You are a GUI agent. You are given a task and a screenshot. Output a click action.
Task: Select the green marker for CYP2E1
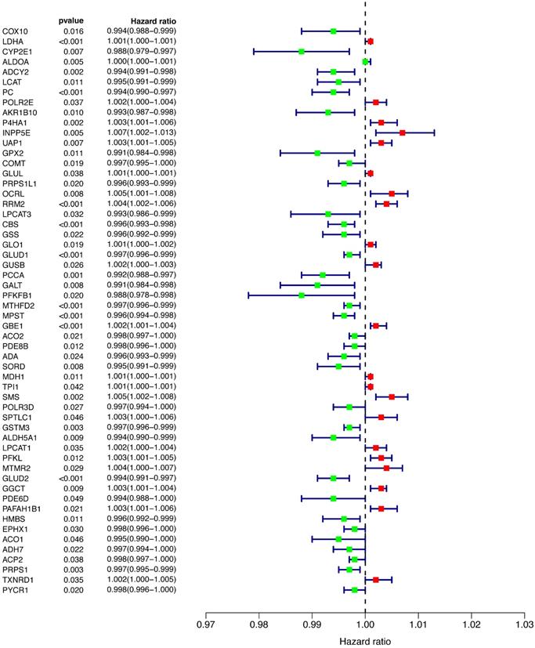302,51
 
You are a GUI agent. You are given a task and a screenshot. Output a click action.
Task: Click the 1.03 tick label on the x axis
524,627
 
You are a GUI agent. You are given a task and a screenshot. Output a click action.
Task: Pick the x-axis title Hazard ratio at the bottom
365,641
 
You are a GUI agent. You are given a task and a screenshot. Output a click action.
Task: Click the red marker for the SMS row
392,396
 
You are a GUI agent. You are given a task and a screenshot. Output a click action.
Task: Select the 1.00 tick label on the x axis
365,627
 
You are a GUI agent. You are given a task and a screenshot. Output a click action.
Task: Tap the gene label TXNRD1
16,579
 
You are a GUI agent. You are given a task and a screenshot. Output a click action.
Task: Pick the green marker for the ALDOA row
365,61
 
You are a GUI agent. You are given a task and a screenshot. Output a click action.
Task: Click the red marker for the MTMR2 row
386,468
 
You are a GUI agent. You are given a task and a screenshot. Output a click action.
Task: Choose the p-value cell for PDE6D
73,498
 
